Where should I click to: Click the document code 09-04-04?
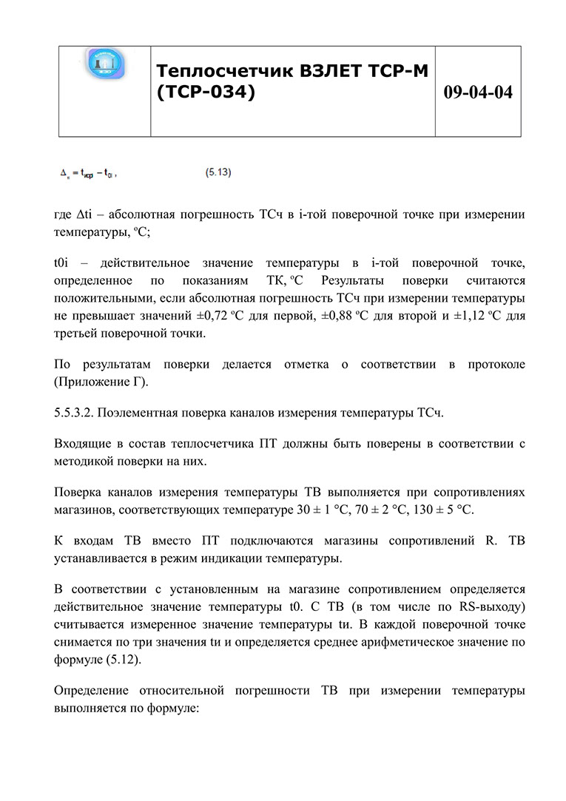(x=478, y=92)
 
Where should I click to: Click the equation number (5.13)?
(x=218, y=173)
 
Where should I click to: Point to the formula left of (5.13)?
(x=87, y=174)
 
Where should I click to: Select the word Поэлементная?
(x=139, y=413)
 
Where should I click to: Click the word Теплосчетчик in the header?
(x=224, y=71)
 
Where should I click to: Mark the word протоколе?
(x=496, y=365)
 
